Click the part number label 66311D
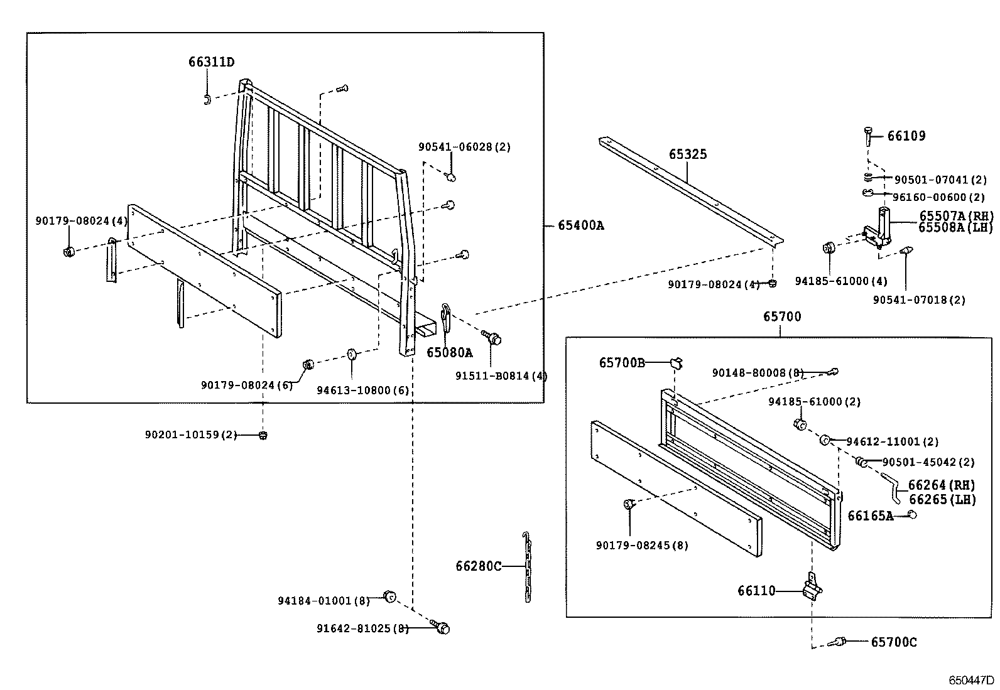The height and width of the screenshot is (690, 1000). click(x=211, y=62)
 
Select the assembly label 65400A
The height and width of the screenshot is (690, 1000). click(x=580, y=225)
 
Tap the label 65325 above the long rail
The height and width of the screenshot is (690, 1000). click(x=687, y=154)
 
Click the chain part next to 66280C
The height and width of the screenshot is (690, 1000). click(x=527, y=567)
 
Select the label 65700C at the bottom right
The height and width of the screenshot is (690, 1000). click(x=893, y=642)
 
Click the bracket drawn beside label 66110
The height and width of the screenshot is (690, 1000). click(x=812, y=588)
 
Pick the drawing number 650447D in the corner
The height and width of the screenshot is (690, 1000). click(x=972, y=681)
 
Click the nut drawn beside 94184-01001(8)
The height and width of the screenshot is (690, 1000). click(x=389, y=596)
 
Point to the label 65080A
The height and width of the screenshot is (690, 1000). click(x=449, y=352)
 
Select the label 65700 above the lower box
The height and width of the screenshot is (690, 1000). click(x=782, y=316)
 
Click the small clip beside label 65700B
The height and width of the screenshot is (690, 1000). click(x=677, y=362)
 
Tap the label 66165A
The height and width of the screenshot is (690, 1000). click(x=870, y=515)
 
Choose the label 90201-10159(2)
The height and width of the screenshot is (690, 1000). click(x=190, y=434)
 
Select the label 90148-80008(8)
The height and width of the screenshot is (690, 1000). click(x=758, y=373)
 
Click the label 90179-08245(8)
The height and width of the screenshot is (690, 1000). click(x=641, y=546)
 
